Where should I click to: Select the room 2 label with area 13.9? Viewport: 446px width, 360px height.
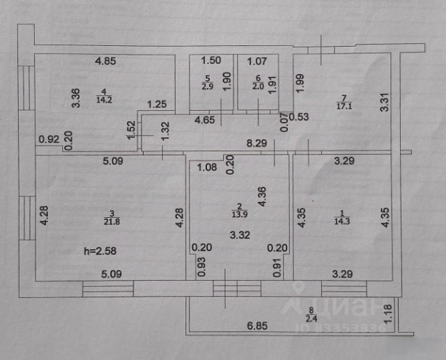pos(238,210)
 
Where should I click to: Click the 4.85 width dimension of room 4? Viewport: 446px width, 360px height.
pos(105,61)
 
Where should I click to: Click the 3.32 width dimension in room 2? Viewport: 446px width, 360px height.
pos(238,235)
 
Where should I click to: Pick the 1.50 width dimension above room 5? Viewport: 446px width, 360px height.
pos(210,61)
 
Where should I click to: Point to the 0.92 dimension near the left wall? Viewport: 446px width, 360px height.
pos(47,138)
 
